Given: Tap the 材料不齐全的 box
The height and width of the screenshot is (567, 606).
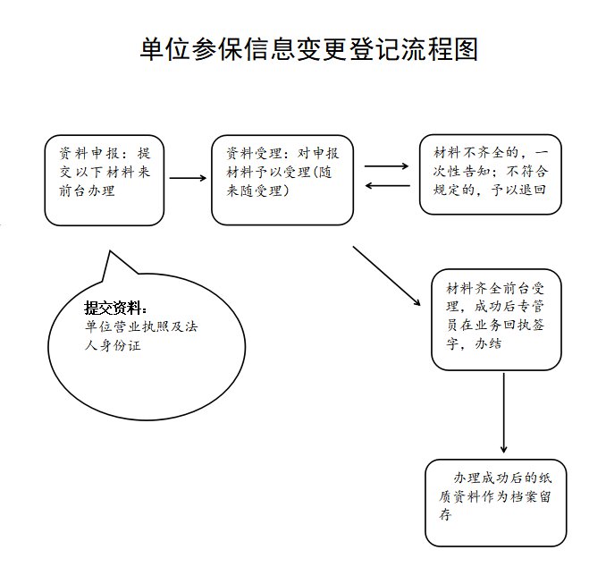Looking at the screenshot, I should tap(490, 174).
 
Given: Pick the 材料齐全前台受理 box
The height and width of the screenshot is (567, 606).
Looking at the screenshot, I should tap(496, 319).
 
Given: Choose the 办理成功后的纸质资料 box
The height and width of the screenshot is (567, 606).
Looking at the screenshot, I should tap(495, 502).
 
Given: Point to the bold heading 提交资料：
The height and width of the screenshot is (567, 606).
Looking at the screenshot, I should tap(116, 308).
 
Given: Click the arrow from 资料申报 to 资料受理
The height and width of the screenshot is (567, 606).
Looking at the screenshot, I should tap(188, 178).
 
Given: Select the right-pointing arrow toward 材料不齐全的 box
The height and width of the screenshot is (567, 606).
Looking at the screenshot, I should tap(386, 166).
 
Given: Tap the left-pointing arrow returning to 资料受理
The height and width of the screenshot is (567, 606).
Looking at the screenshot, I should tap(386, 186).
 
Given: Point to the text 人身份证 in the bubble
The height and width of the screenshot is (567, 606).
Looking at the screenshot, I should tap(112, 346).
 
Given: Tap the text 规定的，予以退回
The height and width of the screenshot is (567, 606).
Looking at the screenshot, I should tap(489, 190).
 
